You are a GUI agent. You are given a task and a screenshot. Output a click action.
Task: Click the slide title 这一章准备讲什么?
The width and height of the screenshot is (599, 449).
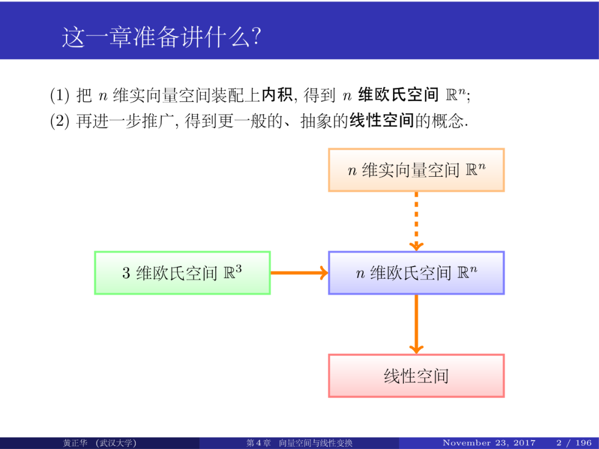[161, 38]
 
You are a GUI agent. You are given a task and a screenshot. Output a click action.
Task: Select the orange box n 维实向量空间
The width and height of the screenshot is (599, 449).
[416, 170]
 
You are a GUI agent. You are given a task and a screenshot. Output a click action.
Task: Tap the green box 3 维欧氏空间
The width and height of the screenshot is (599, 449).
[182, 273]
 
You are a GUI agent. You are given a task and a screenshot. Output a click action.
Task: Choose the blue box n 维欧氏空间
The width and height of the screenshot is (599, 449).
[416, 273]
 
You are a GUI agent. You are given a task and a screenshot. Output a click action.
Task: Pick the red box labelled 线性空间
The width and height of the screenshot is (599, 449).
[416, 376]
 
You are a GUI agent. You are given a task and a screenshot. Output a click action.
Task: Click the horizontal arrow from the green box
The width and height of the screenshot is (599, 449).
[299, 273]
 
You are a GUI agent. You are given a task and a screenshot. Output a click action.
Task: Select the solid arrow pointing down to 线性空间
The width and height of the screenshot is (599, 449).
[416, 324]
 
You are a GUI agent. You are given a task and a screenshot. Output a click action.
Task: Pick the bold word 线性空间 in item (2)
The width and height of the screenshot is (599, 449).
[382, 121]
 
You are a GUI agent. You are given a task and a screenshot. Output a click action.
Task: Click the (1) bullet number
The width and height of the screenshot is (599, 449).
[59, 96]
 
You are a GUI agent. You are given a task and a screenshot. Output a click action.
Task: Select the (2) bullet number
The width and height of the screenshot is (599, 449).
[59, 121]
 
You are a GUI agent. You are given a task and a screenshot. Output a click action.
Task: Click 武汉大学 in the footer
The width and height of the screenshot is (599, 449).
[116, 443]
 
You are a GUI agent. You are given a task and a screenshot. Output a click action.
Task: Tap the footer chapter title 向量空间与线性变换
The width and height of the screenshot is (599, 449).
[316, 443]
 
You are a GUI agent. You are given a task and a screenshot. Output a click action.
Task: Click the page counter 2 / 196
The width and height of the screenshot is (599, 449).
[574, 443]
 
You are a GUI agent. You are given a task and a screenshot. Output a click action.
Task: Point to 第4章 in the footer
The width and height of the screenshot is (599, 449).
[258, 443]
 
